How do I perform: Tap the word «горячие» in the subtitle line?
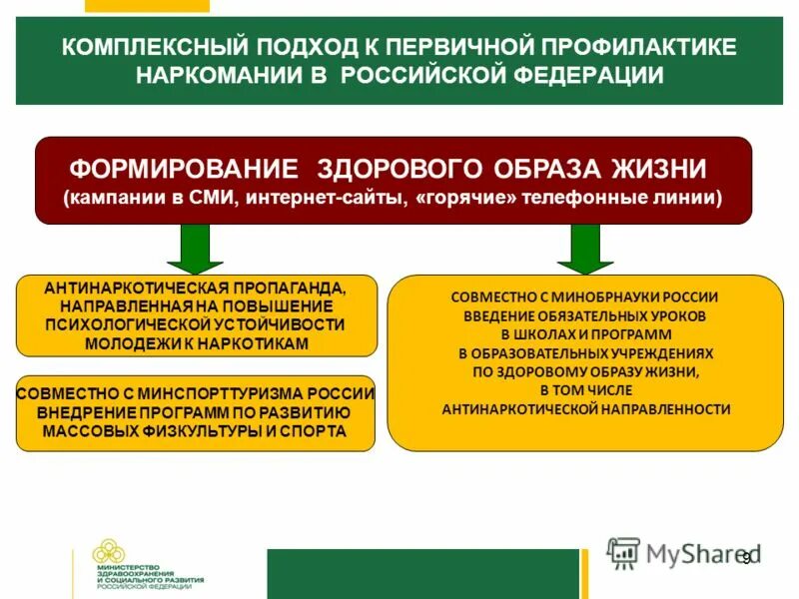pyautogui.click(x=470, y=198)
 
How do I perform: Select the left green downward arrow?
pyautogui.click(x=196, y=249)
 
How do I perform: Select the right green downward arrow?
pyautogui.click(x=585, y=249)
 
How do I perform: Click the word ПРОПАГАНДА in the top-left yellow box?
pyautogui.click(x=287, y=289)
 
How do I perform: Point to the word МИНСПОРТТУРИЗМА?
pyautogui.click(x=230, y=394)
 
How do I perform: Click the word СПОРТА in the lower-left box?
pyautogui.click(x=312, y=430)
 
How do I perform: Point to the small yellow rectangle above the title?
pyautogui.click(x=147, y=6)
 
